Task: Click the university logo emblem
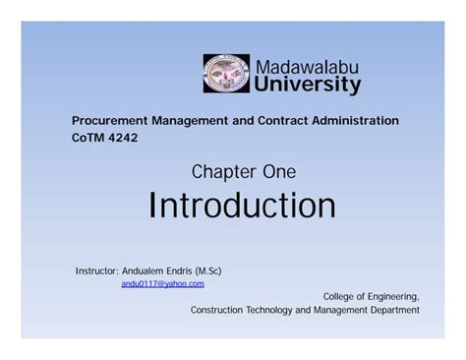(x=226, y=74)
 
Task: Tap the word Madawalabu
(x=306, y=66)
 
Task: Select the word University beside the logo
(x=308, y=86)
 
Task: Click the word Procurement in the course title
(x=109, y=120)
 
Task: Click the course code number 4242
(x=122, y=138)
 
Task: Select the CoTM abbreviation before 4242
(x=87, y=138)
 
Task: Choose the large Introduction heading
(x=242, y=206)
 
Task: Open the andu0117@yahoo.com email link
(x=162, y=283)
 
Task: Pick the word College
(x=339, y=296)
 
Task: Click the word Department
(x=391, y=310)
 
